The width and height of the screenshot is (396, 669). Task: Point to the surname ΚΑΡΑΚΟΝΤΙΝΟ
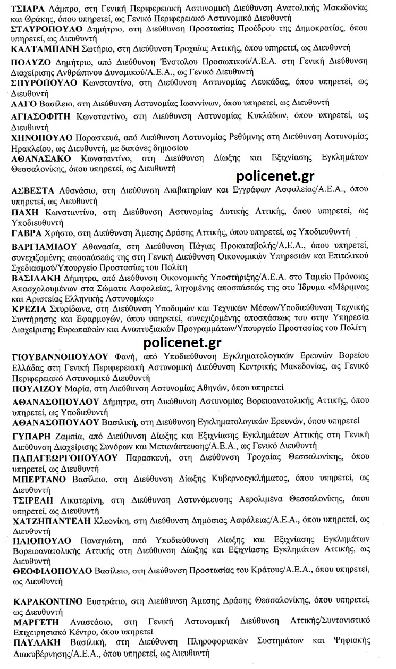(48, 601)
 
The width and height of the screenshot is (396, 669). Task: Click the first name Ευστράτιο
(106, 601)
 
